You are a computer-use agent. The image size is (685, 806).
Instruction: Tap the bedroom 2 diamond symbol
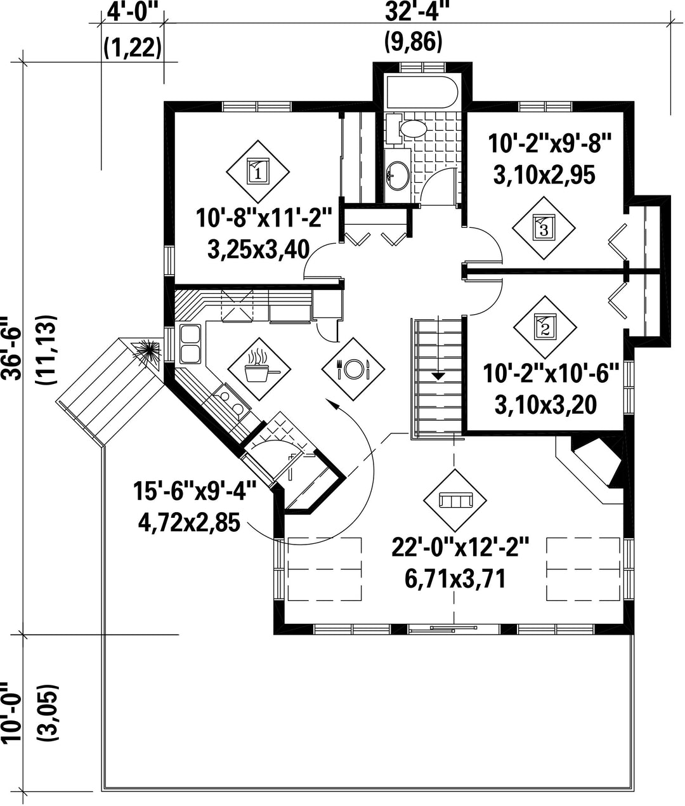(545, 327)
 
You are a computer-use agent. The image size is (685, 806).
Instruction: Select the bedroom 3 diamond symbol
(543, 228)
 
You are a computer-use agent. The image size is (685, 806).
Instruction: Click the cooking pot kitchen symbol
(259, 369)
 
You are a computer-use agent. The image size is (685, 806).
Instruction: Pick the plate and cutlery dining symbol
(353, 369)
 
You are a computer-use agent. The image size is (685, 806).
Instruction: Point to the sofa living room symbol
(455, 500)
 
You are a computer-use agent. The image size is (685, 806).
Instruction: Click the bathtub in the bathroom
(422, 93)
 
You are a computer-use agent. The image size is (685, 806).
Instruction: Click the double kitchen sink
(190, 344)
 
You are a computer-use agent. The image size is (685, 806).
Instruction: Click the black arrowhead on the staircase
(438, 376)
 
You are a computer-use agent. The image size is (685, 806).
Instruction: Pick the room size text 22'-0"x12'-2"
(460, 548)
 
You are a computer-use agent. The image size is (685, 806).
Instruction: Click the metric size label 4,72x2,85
(189, 523)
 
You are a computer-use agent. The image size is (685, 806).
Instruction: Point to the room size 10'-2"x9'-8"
(550, 143)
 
